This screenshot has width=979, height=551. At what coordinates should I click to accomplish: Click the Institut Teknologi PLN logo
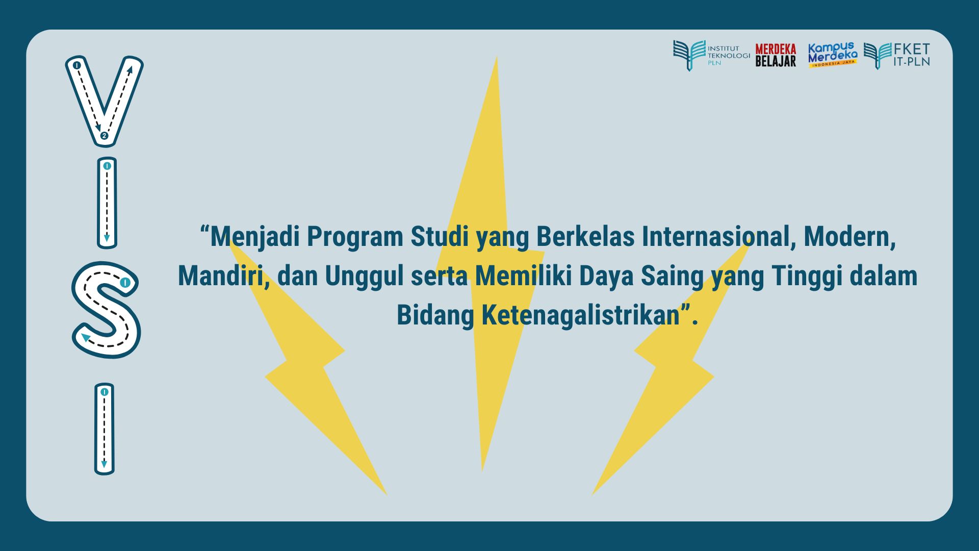[x=711, y=55]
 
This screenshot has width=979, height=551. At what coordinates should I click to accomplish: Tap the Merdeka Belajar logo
[x=776, y=55]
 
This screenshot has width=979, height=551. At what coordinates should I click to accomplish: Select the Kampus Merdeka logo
[x=833, y=55]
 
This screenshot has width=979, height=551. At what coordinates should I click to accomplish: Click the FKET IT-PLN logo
[x=897, y=55]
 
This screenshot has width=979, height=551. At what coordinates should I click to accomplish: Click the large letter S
[x=106, y=310]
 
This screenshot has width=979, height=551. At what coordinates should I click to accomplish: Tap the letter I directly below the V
[x=107, y=203]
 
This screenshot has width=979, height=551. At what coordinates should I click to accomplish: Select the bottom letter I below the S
[x=105, y=429]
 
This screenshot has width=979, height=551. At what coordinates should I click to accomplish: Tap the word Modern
[x=849, y=237]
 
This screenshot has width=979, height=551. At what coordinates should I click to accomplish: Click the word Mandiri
[x=223, y=275]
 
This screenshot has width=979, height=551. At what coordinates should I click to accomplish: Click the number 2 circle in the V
[x=104, y=136]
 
